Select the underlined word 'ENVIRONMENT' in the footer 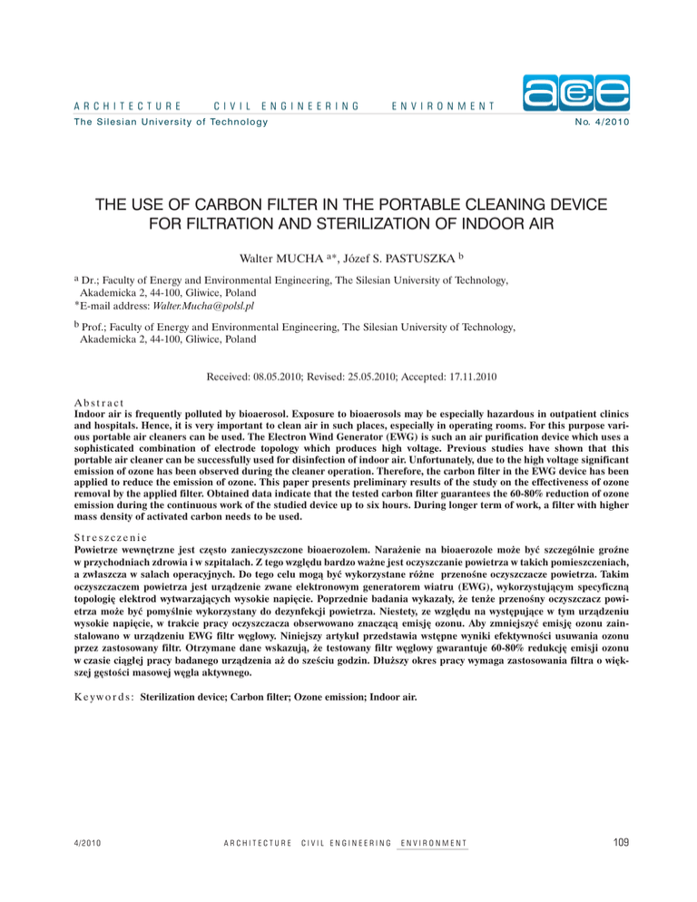(432, 843)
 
